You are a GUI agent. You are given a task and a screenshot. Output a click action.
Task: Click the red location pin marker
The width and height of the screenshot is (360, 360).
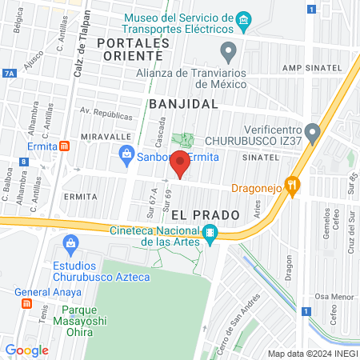click(x=180, y=163)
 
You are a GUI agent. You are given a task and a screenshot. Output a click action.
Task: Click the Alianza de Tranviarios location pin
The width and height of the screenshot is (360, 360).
click(x=230, y=53)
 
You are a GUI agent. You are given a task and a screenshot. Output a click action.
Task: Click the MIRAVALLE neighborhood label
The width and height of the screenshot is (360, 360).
click(x=100, y=137)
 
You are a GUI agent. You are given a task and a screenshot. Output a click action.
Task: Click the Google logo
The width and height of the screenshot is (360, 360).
click(x=26, y=350)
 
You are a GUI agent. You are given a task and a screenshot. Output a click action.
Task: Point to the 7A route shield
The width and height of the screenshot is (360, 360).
click(x=9, y=73)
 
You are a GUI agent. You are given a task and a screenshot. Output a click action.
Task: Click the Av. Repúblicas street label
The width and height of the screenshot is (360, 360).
click(x=105, y=115)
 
